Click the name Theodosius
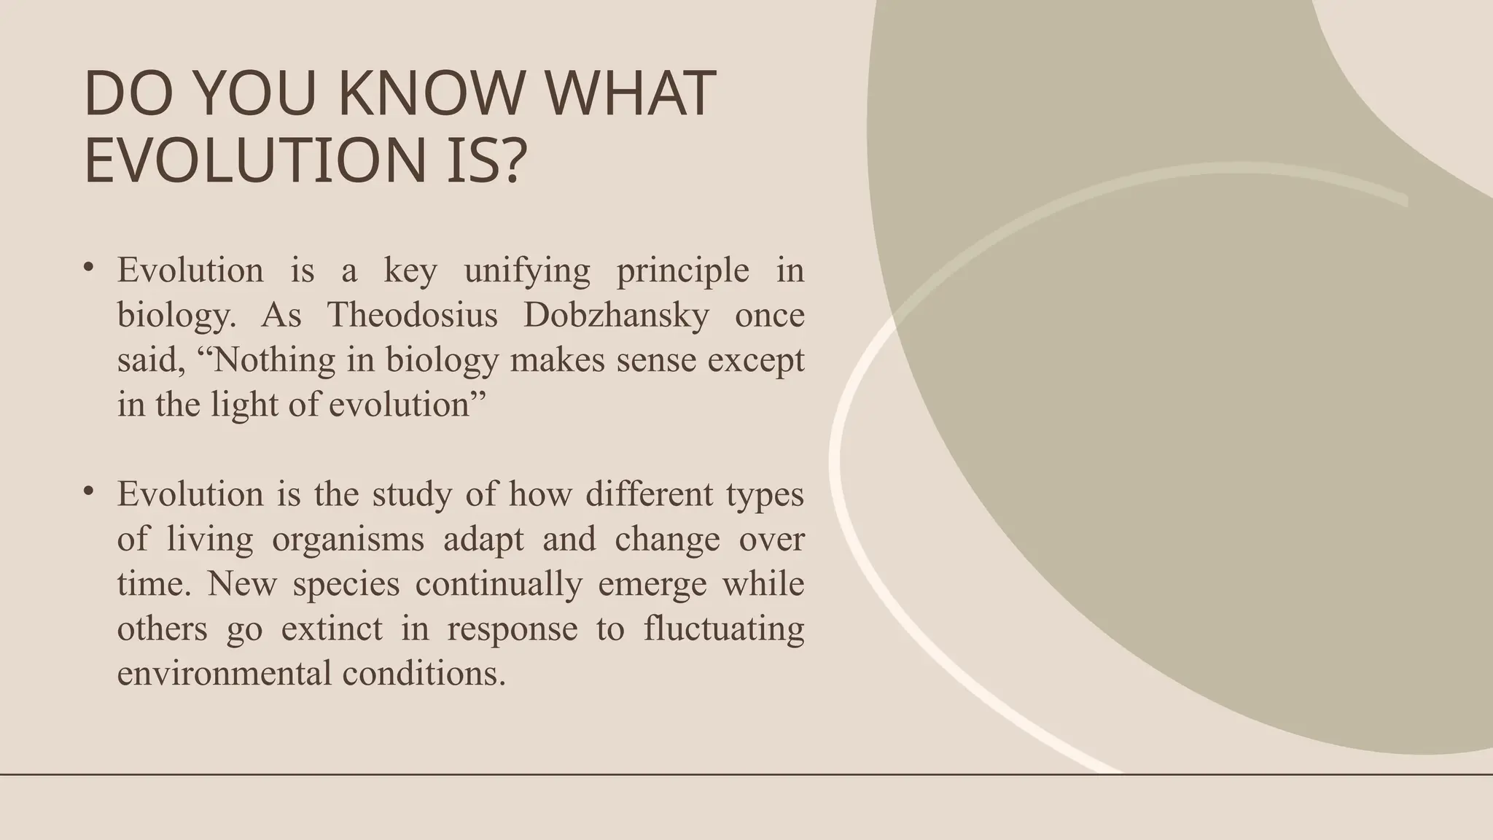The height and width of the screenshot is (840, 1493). (413, 315)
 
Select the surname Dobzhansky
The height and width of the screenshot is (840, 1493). (616, 315)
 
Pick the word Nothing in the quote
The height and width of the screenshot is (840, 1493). (276, 359)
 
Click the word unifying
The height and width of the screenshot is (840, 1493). (527, 271)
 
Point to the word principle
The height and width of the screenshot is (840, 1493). (683, 271)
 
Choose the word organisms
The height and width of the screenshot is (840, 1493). (348, 540)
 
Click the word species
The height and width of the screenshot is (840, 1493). (346, 584)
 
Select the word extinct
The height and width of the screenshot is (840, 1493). (332, 629)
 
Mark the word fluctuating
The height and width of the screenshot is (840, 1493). (724, 629)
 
